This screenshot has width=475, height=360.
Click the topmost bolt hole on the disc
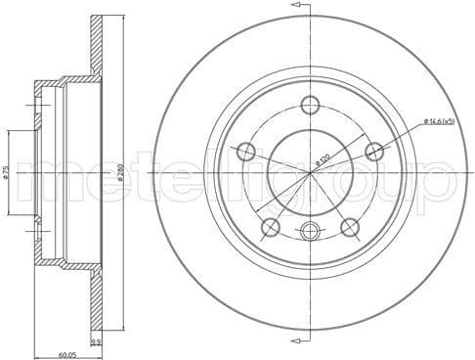pos(311,106)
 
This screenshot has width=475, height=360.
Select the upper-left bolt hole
pos(246,152)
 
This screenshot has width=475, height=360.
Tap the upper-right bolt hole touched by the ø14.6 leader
pos(374,151)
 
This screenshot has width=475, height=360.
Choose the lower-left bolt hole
pos(271,227)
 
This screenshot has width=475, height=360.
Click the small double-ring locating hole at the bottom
pos(311,231)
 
